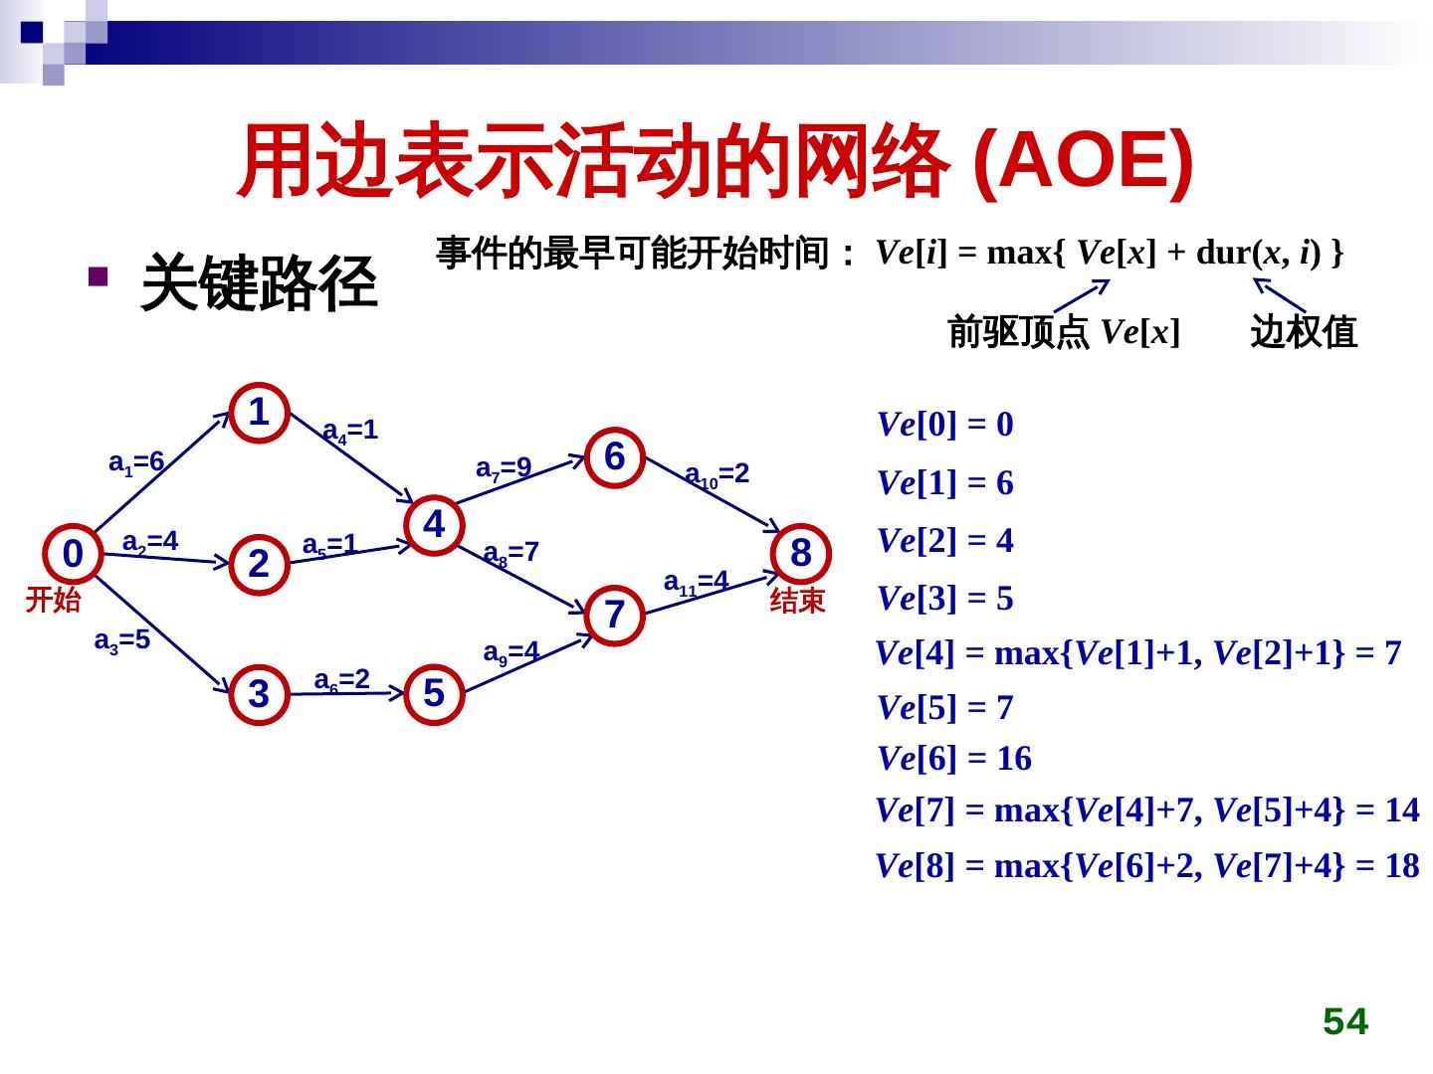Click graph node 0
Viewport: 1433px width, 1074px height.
tap(73, 553)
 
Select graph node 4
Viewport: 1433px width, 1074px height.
tap(434, 523)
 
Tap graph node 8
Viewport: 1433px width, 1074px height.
tap(801, 553)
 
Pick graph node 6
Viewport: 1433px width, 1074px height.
tap(615, 456)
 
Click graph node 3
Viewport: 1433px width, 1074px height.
tap(259, 694)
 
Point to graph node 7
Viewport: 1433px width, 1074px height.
tap(615, 615)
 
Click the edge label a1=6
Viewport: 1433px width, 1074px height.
tap(136, 462)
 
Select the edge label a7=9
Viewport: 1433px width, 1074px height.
tap(504, 467)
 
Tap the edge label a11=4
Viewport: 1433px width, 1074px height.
tap(697, 582)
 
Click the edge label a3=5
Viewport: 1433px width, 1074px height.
tap(121, 640)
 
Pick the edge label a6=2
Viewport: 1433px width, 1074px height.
tap(342, 680)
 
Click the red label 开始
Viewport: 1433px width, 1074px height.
tap(53, 600)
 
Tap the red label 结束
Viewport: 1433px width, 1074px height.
tap(798, 600)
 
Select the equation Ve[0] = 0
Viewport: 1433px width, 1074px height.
tap(945, 425)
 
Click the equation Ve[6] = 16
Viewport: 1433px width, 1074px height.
tap(954, 759)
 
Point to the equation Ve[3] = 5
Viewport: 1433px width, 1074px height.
tap(945, 599)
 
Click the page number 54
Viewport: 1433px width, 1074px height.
tap(1345, 1021)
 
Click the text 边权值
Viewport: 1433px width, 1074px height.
tap(1304, 331)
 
